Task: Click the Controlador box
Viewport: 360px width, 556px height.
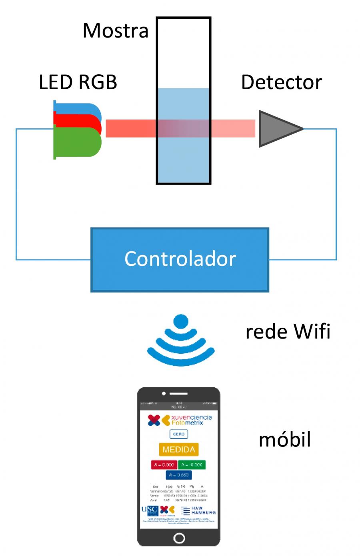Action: point(180,259)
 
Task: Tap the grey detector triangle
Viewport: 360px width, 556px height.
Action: point(276,129)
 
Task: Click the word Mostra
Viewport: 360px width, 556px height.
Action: point(115,31)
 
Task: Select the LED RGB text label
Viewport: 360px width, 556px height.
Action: point(78,82)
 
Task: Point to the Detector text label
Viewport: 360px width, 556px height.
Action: point(281,82)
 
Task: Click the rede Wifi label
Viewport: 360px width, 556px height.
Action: point(288,332)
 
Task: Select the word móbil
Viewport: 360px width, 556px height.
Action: point(284,440)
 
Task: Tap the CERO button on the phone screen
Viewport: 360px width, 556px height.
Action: point(178,434)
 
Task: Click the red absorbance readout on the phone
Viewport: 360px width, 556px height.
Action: point(164,465)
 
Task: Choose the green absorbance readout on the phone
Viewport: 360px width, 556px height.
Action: point(192,465)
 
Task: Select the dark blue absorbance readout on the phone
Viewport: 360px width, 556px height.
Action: point(178,475)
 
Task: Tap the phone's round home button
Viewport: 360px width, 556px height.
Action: point(179,538)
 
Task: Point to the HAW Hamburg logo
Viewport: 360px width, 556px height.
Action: point(198,510)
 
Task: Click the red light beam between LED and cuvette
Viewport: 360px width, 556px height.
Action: point(130,128)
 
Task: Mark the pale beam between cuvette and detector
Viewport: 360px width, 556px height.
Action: point(233,128)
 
